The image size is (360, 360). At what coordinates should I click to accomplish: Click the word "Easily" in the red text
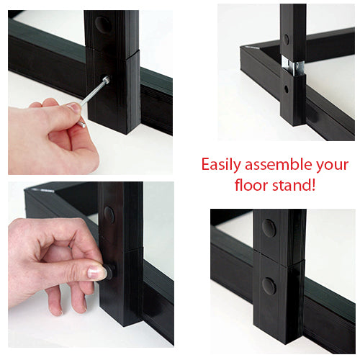pos(221,164)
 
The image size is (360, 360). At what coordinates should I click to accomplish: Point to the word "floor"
pos(253,185)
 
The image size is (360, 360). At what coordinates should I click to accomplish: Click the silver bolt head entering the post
pos(106,81)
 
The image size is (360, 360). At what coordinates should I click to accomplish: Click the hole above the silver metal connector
pos(286,38)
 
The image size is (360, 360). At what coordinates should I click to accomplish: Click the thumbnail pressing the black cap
pos(97,272)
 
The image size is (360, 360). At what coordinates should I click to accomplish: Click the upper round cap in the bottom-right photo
pos(269,228)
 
